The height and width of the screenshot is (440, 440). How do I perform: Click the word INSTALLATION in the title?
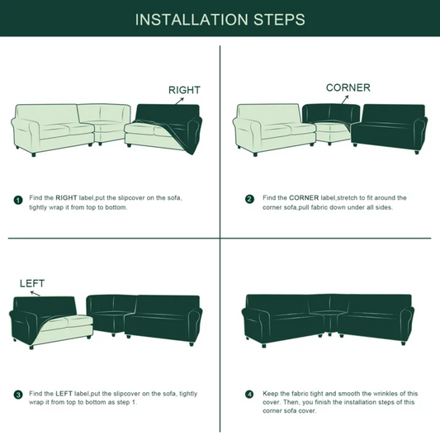[192, 20]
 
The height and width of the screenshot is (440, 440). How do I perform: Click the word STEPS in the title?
[279, 20]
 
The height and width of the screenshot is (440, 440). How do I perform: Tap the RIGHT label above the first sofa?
[184, 90]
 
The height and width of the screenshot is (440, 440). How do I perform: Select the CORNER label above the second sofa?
[348, 88]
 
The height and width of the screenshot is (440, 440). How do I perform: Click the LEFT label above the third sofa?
[32, 283]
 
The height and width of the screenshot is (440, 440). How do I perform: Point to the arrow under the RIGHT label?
[180, 101]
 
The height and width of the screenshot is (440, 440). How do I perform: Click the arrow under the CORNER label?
[345, 99]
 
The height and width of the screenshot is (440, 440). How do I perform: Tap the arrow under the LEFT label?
[35, 294]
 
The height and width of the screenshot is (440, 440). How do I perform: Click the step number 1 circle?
[18, 201]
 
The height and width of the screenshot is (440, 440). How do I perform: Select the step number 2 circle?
[249, 199]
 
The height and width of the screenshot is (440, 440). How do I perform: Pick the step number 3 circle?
[18, 395]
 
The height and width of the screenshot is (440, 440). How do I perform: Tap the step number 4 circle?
[249, 395]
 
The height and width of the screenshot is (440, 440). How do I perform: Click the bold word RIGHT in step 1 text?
[66, 198]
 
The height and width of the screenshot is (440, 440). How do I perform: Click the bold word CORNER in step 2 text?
[304, 198]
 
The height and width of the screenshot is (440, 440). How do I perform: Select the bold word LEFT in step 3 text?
[64, 394]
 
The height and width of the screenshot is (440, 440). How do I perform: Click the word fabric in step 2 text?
[310, 207]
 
